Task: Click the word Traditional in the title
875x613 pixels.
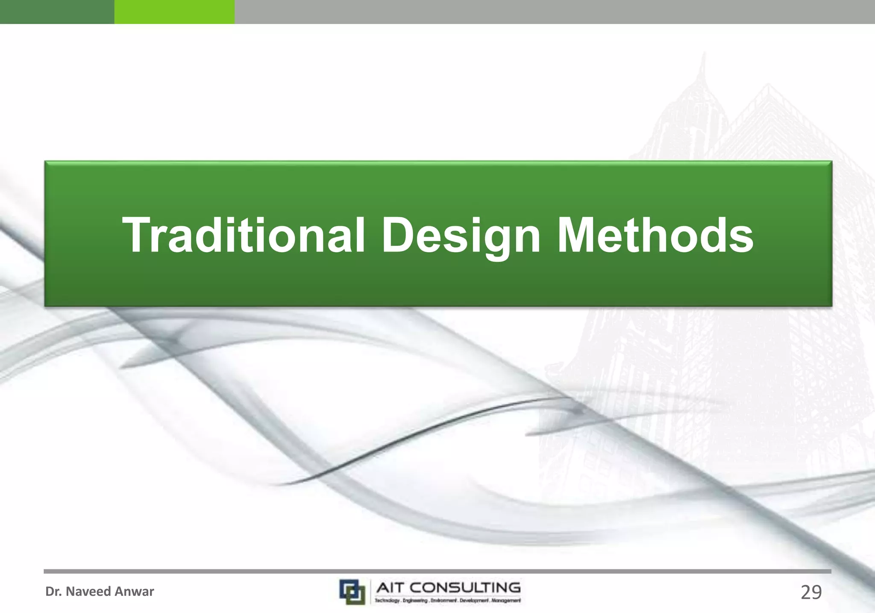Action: coord(244,235)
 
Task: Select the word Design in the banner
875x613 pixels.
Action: coord(461,236)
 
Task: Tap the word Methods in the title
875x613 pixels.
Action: coord(655,235)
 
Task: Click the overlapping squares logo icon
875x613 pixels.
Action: coord(352,591)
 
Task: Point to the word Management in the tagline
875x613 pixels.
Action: coord(506,601)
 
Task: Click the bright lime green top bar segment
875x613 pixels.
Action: coord(174,12)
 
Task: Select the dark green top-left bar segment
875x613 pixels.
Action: coord(57,12)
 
